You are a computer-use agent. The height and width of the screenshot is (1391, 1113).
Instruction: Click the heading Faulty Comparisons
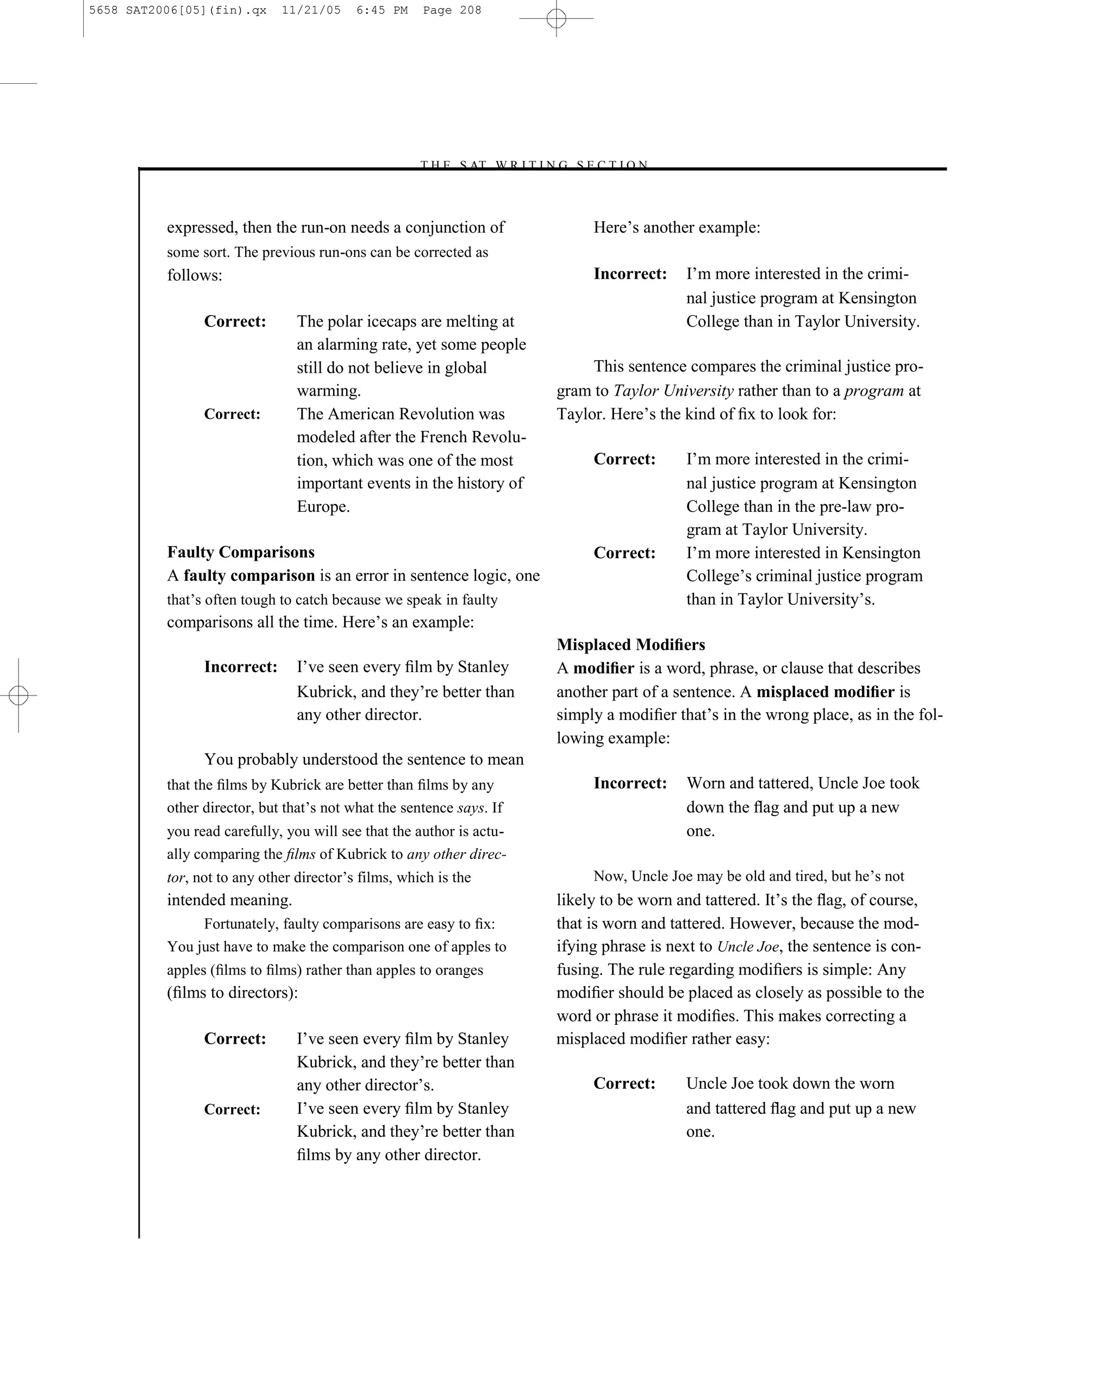tap(241, 552)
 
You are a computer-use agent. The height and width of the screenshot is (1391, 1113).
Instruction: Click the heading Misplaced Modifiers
tap(630, 644)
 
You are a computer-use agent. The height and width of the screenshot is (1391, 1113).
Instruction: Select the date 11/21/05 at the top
tap(311, 10)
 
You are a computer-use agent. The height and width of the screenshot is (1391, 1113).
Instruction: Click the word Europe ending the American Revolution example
tap(323, 506)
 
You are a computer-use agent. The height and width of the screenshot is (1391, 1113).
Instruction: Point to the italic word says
tap(471, 808)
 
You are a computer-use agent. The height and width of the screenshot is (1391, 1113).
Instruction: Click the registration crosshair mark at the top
tap(556, 18)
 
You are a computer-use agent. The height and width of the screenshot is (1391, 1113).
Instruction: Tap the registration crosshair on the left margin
tap(18, 695)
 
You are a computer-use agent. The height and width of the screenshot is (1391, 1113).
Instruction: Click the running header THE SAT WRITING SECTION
tap(534, 165)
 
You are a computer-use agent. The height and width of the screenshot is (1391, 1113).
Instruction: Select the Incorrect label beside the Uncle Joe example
tap(630, 783)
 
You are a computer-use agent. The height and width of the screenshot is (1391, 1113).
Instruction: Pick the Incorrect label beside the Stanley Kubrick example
tap(241, 667)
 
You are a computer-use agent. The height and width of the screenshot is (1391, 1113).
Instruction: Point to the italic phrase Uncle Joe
tap(748, 947)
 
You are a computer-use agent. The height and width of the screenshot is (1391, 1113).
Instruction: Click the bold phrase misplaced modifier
tap(825, 692)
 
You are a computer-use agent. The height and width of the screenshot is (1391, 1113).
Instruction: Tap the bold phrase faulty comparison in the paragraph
tap(249, 575)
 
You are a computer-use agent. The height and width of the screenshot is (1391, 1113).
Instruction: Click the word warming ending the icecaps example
tap(328, 391)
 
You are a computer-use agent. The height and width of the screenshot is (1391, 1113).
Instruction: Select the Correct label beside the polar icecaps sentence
tap(235, 321)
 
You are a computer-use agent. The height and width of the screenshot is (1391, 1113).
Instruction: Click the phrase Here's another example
tap(676, 228)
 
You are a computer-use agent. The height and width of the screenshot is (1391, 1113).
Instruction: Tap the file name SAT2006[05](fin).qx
tap(196, 10)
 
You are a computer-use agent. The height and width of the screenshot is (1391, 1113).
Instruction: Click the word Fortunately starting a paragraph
tap(240, 924)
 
